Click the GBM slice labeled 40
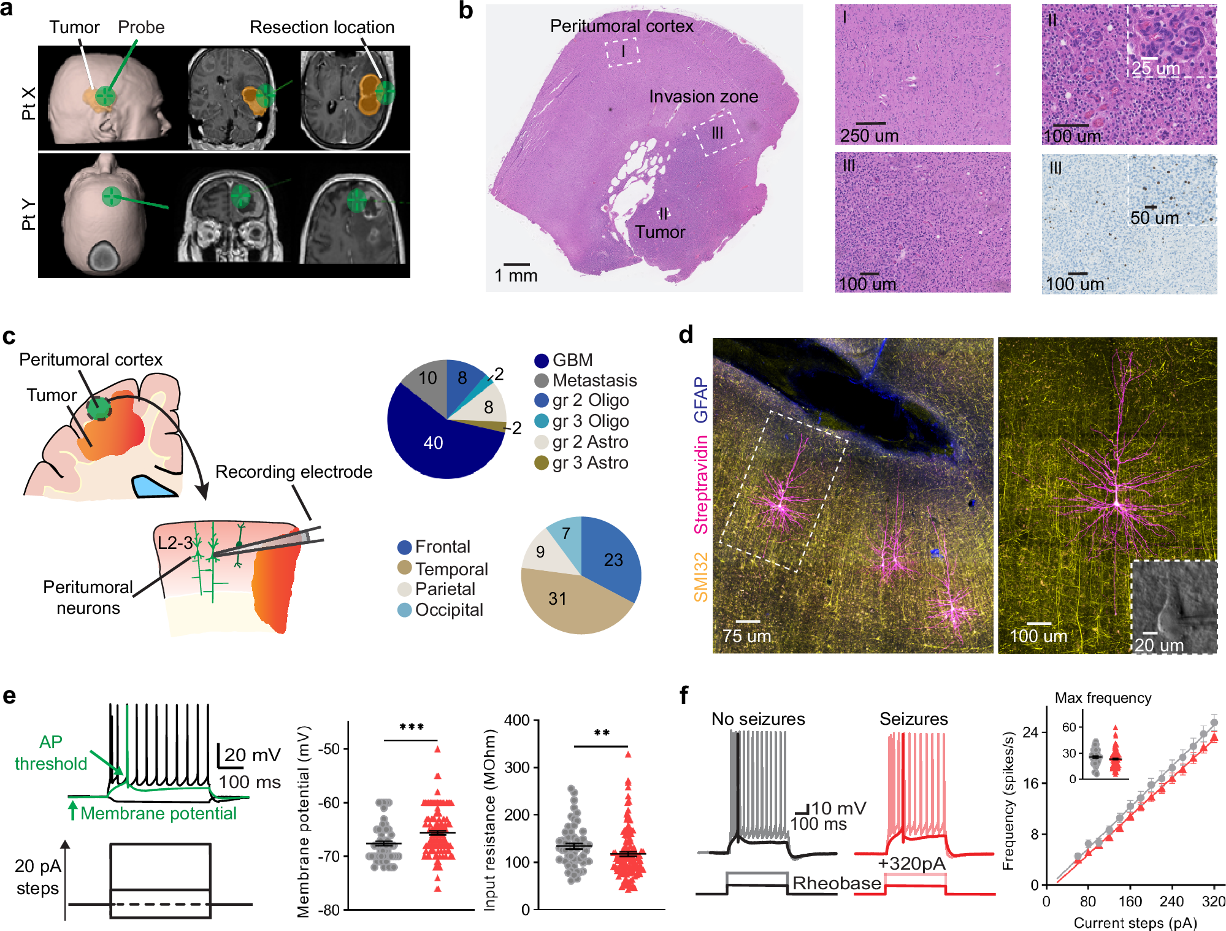[x=433, y=443]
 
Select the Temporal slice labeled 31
[x=557, y=599]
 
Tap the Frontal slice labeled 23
[x=613, y=560]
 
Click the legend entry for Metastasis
[x=594, y=380]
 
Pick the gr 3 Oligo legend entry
[x=590, y=421]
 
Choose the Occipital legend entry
[x=448, y=610]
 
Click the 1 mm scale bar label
[x=516, y=276]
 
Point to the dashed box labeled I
[x=623, y=52]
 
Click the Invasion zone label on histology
[x=703, y=97]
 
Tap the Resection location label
[x=322, y=28]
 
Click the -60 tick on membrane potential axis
[x=330, y=803]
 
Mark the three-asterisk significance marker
[x=412, y=727]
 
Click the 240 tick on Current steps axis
[x=1171, y=901]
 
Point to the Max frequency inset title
[x=1103, y=698]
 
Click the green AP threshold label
[x=51, y=753]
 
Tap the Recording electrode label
[x=294, y=472]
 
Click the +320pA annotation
[x=911, y=864]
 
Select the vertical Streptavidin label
[x=701, y=485]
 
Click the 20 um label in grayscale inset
[x=1159, y=645]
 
